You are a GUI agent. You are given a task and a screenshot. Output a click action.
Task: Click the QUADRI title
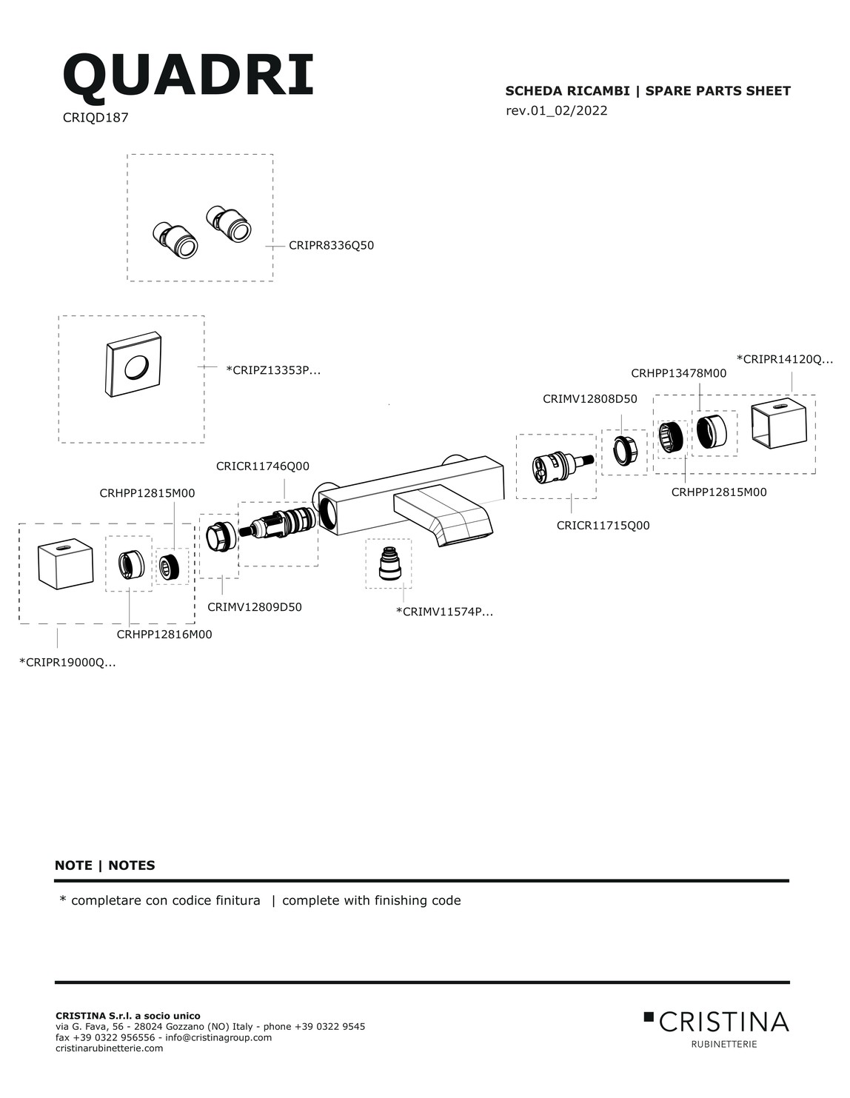coord(188,76)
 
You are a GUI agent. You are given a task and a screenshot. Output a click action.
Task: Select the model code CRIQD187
coord(96,117)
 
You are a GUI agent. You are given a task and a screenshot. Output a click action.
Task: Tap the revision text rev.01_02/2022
coord(556,110)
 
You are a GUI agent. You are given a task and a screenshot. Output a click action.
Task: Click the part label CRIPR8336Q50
coord(331,246)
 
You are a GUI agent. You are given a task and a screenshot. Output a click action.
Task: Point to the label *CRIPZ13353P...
coord(273,370)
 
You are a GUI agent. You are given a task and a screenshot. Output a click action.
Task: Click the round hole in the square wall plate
coord(137,367)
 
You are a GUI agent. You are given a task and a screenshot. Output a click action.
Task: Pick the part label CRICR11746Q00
coord(262,466)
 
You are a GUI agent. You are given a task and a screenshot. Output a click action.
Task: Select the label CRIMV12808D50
coord(590,398)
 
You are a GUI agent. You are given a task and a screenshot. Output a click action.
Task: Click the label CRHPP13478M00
coord(679,373)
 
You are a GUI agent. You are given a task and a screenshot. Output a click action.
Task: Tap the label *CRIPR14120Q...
coord(784,359)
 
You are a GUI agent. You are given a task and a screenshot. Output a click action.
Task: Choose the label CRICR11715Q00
coord(603,526)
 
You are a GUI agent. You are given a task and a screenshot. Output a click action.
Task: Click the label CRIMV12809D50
coord(255,607)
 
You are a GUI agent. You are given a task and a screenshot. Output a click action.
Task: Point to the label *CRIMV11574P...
coord(444,612)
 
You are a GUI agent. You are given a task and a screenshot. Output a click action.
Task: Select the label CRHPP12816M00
coord(164,634)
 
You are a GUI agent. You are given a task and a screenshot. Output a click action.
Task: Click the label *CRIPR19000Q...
coord(67,663)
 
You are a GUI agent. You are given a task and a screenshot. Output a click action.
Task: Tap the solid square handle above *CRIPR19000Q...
coord(66,564)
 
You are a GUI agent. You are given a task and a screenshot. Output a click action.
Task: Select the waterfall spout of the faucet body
coord(444,515)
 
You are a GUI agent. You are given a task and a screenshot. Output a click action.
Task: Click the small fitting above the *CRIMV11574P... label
coord(389,563)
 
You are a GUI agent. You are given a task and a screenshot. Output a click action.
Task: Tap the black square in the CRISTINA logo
coord(649,1016)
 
